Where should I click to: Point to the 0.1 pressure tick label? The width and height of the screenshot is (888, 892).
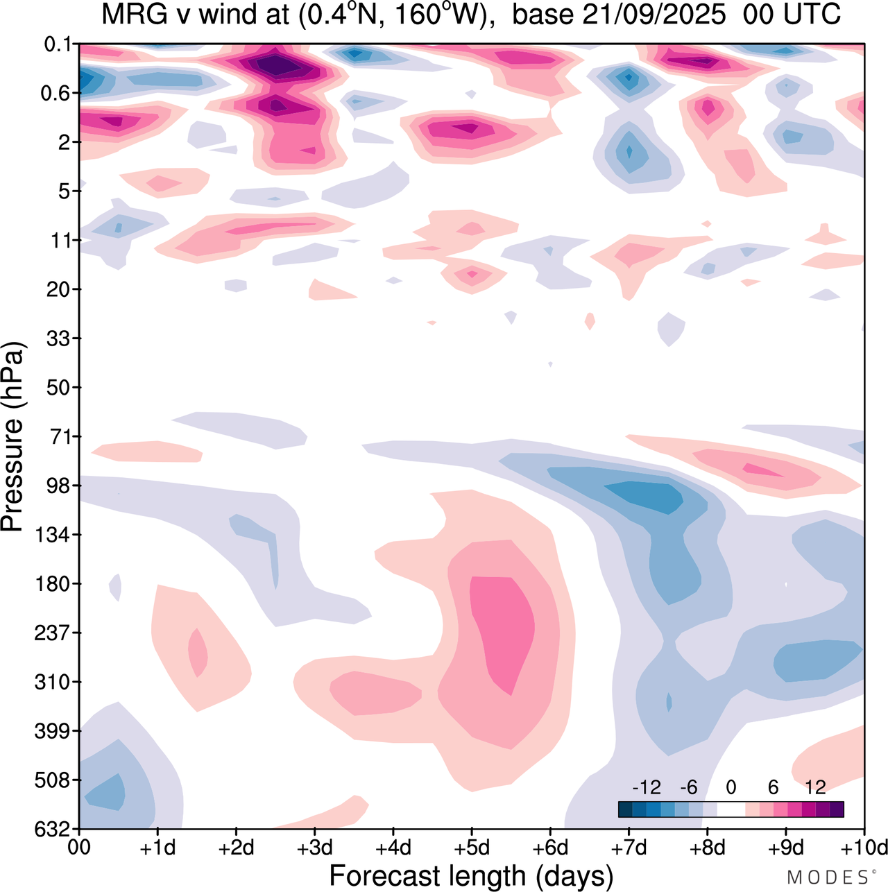point(58,44)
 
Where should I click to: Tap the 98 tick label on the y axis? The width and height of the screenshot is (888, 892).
point(59,486)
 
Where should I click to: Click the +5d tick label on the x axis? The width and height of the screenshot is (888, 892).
point(472,848)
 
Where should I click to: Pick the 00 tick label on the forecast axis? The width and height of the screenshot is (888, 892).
point(79,848)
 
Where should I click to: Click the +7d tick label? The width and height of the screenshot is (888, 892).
point(629,848)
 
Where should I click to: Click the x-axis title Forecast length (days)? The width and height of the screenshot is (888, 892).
point(471,876)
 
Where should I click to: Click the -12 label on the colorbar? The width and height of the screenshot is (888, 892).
point(647,787)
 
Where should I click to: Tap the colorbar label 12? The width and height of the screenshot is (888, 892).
point(816,787)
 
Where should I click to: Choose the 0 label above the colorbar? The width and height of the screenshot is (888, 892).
point(731,787)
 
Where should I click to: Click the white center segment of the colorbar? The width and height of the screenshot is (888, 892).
point(731,809)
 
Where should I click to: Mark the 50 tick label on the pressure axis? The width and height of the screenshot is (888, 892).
point(59,387)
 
